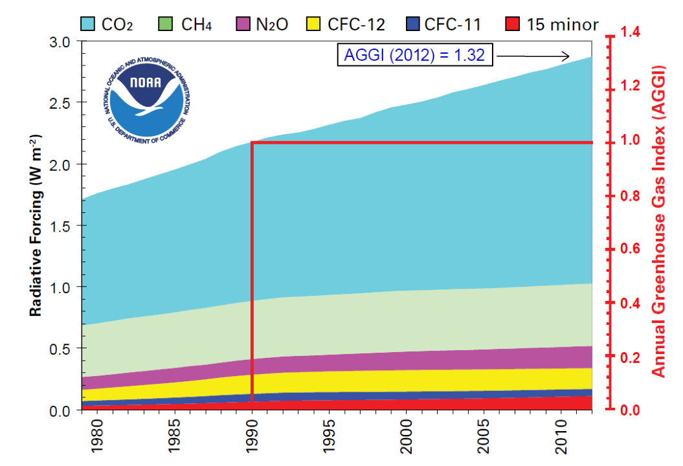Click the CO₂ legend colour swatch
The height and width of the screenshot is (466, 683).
tap(89, 25)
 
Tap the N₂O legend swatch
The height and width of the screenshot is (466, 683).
tap(244, 25)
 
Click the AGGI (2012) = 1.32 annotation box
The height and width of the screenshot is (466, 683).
tap(414, 56)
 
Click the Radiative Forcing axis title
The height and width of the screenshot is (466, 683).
tap(36, 226)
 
